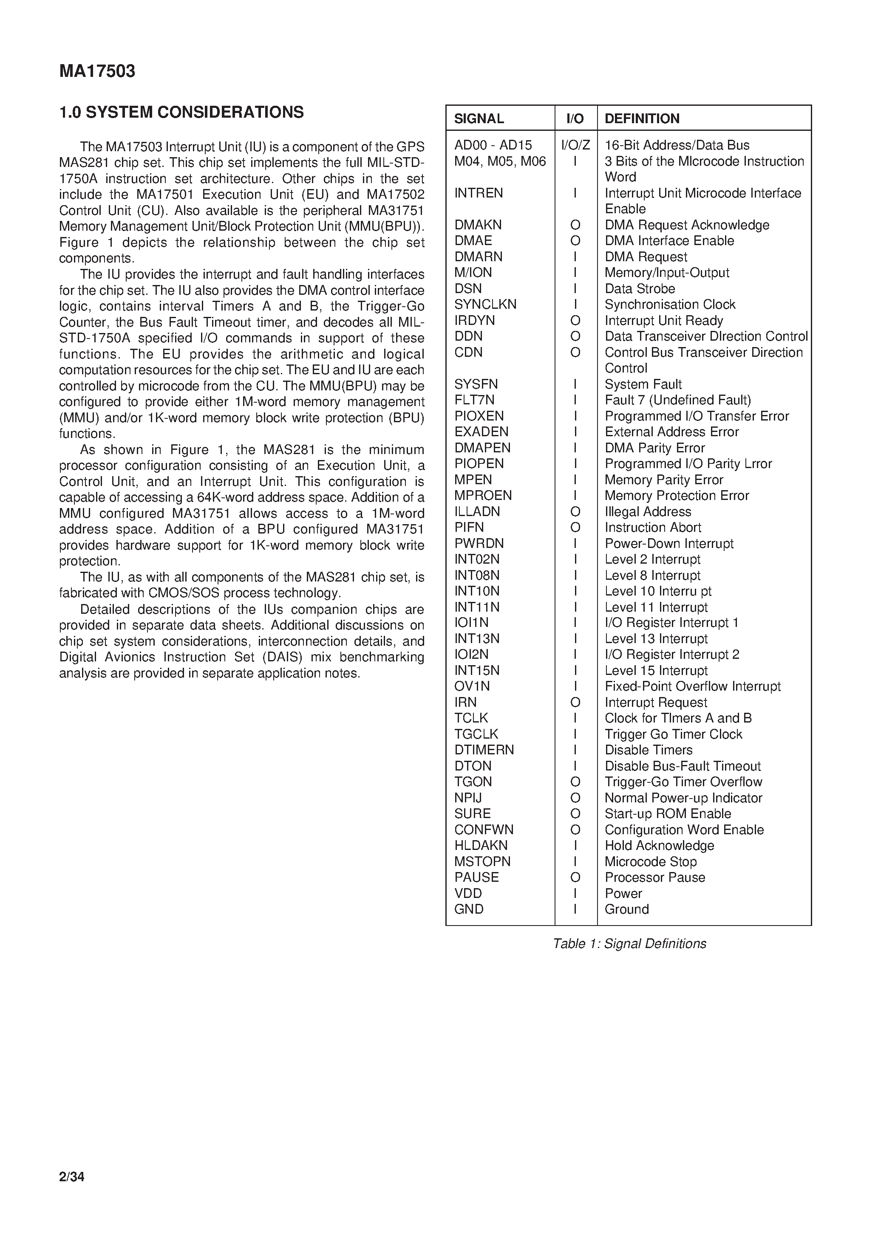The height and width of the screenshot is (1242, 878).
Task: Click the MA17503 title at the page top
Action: (x=97, y=71)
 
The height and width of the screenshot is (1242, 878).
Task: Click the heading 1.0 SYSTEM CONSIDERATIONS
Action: (x=181, y=113)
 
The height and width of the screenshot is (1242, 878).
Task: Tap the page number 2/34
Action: (x=71, y=1177)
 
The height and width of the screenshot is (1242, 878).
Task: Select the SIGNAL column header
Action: (x=479, y=119)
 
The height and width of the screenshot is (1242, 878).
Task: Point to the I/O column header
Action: (x=575, y=119)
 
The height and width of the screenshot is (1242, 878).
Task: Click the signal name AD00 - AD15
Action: (x=493, y=145)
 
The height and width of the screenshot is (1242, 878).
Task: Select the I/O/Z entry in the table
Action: (x=575, y=145)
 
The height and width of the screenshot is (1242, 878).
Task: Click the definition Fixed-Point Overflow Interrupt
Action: (x=692, y=686)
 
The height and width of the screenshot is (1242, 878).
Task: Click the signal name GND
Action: (x=469, y=909)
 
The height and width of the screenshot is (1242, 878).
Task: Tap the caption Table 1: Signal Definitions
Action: (x=629, y=944)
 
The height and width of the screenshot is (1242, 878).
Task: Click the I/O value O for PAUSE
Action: (x=575, y=878)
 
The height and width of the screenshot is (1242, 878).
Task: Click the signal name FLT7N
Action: (x=474, y=400)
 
